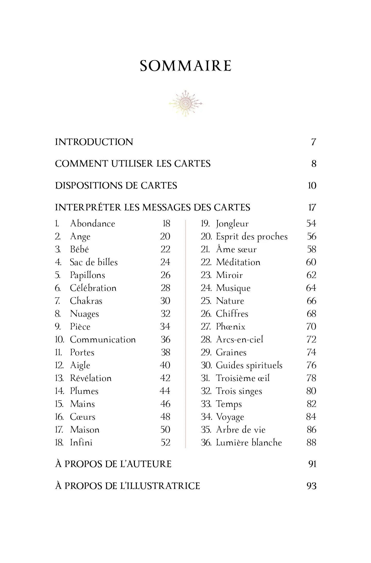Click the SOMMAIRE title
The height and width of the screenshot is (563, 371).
tap(185, 66)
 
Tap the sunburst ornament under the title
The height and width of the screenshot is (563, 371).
tap(185, 104)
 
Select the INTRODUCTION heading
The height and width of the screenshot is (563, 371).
tap(94, 142)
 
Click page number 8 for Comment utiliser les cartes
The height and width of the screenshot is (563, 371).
tap(314, 164)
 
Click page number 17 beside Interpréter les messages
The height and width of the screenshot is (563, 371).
tap(312, 207)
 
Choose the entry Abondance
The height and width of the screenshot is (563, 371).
tap(92, 223)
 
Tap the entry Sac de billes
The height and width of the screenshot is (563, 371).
tap(94, 262)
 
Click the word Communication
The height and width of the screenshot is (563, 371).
tap(103, 339)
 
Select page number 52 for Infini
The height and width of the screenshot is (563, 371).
tap(165, 442)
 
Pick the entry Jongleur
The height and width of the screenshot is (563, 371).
tap(232, 224)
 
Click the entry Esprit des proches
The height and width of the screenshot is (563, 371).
tap(252, 237)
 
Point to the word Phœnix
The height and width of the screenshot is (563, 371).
tap(230, 326)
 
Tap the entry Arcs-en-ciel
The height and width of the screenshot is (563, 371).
tap(239, 339)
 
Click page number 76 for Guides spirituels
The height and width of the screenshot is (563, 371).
tap(311, 365)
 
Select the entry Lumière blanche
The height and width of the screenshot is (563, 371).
tap(249, 442)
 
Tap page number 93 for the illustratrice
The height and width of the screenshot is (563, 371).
tap(311, 486)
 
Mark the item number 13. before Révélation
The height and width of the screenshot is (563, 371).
tap(59, 378)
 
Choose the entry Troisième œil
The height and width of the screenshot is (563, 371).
tap(243, 378)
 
